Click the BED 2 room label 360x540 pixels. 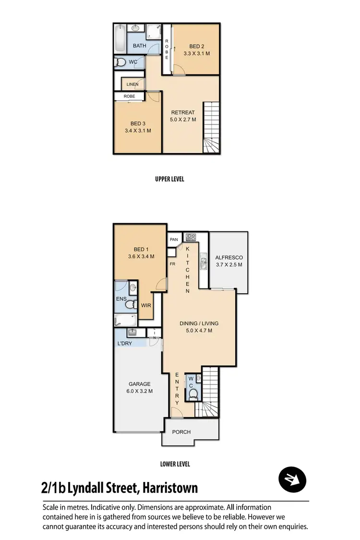(x=197, y=46)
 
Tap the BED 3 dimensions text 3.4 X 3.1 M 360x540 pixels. (x=138, y=131)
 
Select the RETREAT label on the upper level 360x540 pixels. (x=183, y=112)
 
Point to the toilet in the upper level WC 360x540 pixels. (x=121, y=62)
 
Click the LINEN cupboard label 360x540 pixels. (x=132, y=84)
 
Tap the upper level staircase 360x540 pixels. (x=211, y=128)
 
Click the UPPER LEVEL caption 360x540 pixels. (x=169, y=179)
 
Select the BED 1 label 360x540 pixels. (x=141, y=249)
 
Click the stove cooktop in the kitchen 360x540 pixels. (x=191, y=237)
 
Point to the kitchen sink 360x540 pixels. (x=204, y=262)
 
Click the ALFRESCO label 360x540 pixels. (x=229, y=257)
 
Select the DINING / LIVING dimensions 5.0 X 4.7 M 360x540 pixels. (x=196, y=330)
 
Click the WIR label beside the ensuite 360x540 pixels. (x=146, y=305)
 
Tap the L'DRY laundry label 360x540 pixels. (x=125, y=344)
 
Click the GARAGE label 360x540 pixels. (x=139, y=384)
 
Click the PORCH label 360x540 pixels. (x=181, y=432)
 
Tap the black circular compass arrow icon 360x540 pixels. (x=292, y=479)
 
